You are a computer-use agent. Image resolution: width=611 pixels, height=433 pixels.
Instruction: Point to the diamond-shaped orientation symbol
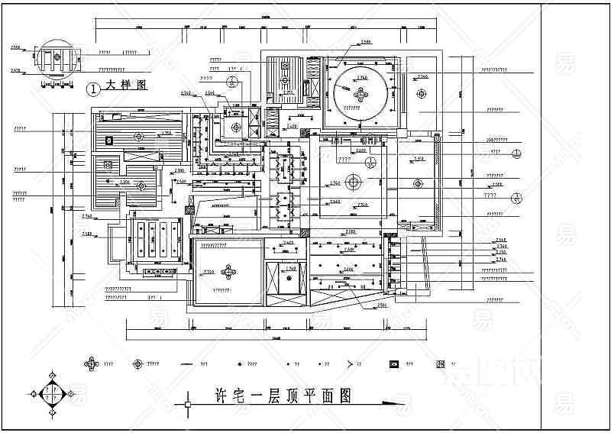[x=52, y=395]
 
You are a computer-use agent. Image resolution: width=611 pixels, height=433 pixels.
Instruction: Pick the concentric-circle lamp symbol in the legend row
[x=138, y=364]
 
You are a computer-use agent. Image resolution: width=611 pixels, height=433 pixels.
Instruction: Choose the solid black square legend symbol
[x=394, y=364]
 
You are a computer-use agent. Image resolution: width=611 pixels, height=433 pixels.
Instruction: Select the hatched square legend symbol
[x=441, y=364]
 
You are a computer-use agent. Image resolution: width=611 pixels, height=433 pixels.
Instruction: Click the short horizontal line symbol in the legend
[x=186, y=364]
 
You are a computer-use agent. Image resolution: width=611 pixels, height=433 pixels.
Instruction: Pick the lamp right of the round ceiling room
[x=419, y=92]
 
